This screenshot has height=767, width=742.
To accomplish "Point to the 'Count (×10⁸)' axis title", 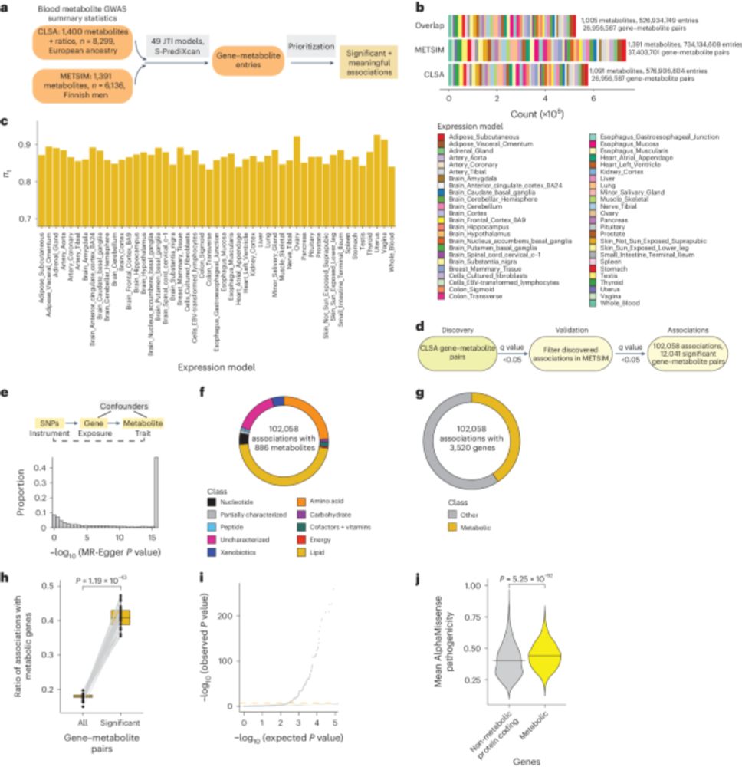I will coord(521,113).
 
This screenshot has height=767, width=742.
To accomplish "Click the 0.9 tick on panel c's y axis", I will coord(21,143).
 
